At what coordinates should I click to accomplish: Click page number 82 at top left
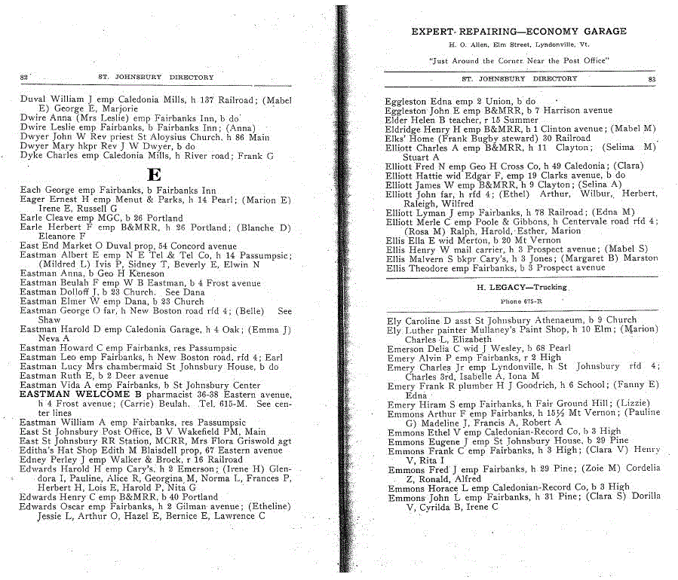[23, 77]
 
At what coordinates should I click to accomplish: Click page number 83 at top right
[652, 78]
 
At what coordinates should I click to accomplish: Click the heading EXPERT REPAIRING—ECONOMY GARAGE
[518, 32]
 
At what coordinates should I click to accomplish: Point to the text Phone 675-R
[521, 301]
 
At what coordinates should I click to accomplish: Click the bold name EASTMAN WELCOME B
[81, 394]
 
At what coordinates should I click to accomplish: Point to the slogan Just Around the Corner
[518, 60]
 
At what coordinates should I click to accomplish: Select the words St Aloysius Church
[190, 138]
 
